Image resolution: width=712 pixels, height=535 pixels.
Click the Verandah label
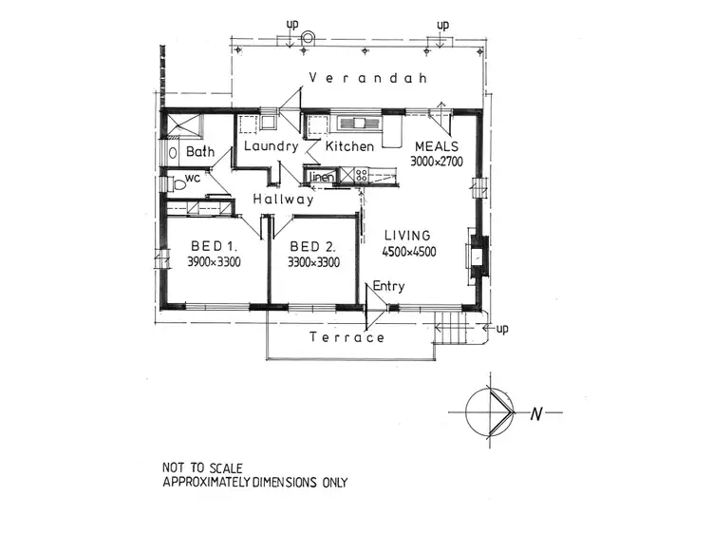(x=368, y=78)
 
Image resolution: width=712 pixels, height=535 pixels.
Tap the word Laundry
(x=271, y=146)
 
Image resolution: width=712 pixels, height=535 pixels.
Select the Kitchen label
(x=349, y=147)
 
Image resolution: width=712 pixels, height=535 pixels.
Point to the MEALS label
(x=437, y=146)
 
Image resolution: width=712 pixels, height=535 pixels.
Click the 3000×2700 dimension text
(x=437, y=162)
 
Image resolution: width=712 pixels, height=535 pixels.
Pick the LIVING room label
(x=407, y=236)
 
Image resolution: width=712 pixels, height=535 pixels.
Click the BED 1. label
(x=213, y=243)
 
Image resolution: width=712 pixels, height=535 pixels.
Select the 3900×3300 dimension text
(x=214, y=261)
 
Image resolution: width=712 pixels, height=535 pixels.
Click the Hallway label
(x=283, y=200)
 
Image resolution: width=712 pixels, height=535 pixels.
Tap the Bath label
(x=200, y=152)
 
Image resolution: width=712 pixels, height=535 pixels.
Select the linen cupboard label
(x=321, y=177)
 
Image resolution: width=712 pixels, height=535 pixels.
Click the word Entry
(x=388, y=286)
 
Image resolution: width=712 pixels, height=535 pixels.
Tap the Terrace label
(x=348, y=337)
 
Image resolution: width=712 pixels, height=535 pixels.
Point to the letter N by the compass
(x=535, y=412)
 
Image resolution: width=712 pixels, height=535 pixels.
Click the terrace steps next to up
(x=452, y=331)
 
